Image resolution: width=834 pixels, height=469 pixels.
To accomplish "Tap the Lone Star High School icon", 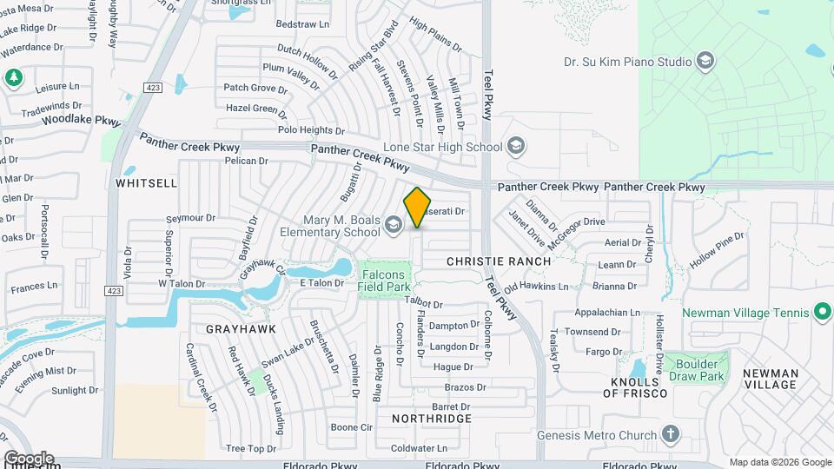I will (516, 145).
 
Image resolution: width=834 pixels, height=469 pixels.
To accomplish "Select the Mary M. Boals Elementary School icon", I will (394, 226).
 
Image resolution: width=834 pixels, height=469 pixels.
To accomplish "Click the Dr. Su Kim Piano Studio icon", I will (705, 61).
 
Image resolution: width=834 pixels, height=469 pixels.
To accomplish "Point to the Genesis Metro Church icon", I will (670, 434).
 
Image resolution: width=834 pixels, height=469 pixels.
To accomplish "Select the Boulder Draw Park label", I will (700, 370).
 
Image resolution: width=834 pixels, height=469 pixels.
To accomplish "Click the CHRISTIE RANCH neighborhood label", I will (499, 261).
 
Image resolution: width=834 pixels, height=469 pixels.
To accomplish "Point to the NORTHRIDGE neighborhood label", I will (431, 419).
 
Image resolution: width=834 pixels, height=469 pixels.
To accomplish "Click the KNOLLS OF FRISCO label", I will (639, 387).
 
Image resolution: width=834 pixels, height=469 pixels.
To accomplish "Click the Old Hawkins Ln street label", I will (536, 286).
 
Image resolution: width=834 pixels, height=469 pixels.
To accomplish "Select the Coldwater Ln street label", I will (419, 448).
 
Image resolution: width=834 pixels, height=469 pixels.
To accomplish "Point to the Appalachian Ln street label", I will (607, 313).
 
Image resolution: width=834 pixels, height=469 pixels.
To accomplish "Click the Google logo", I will (29, 458).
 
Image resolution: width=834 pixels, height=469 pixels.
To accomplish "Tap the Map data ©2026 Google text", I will (779, 462).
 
